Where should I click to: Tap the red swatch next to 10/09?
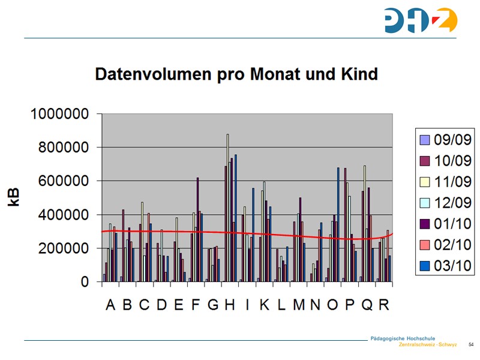[x=425, y=161]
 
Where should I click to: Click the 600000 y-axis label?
[x=64, y=181]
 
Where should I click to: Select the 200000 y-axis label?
[x=64, y=248]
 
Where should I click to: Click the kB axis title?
[x=14, y=197]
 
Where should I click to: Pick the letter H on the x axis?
[x=230, y=305]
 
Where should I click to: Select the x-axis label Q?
[x=367, y=305]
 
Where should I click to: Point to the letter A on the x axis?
[x=110, y=305]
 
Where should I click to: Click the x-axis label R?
[x=383, y=305]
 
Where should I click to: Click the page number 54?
[x=471, y=344]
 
